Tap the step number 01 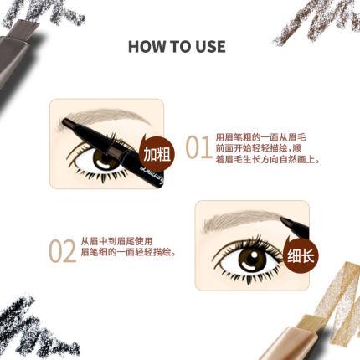coord(198,147)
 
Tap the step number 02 coord(62,251)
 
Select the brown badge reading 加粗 coord(157,154)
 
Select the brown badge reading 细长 coord(301,255)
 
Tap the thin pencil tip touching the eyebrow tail coord(285,221)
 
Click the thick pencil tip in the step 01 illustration coord(70,123)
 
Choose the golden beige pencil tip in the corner coord(313,321)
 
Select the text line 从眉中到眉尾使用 coord(116,241)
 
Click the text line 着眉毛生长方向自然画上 coord(268,160)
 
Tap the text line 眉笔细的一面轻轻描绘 coord(129,252)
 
